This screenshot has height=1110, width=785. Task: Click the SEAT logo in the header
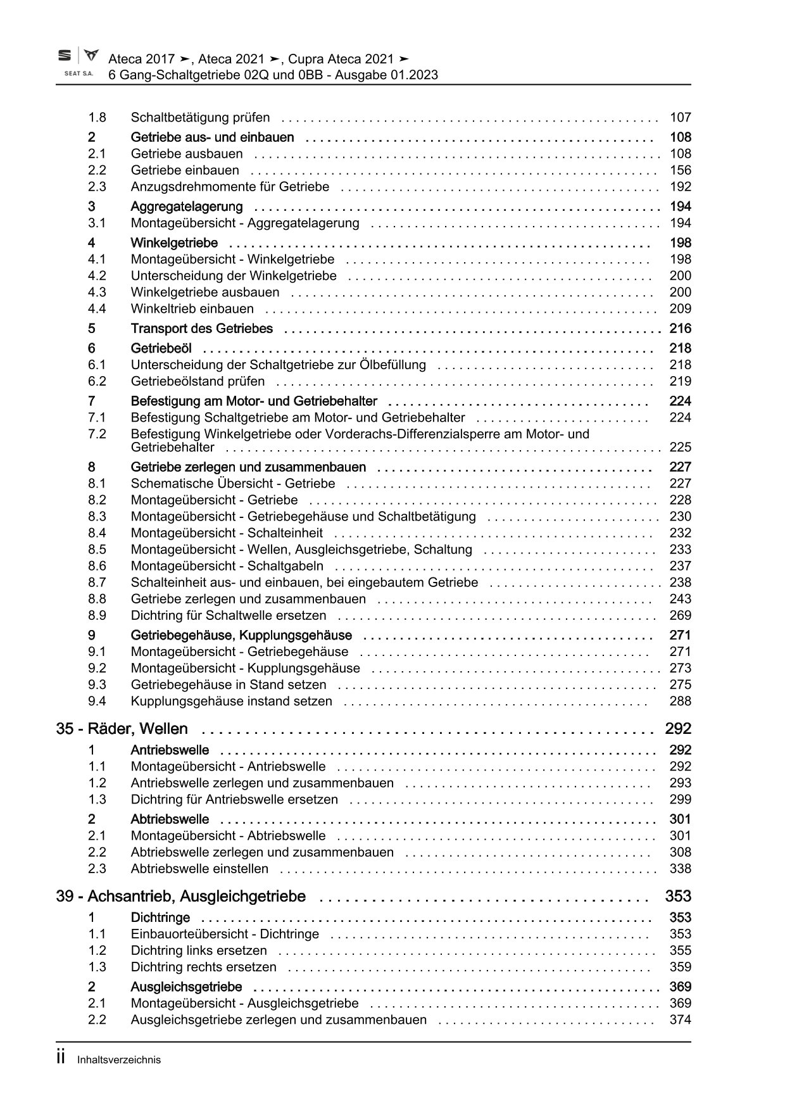78,62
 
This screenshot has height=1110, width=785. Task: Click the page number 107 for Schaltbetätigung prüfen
681,117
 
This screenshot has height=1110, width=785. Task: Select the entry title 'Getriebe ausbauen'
187,154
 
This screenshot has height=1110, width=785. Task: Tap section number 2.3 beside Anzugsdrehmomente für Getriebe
97,187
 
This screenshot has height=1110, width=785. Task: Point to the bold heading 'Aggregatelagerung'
187,206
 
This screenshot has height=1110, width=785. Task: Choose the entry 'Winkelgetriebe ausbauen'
205,292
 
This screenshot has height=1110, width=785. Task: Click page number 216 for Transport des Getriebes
681,328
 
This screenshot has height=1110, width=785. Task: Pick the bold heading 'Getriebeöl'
161,348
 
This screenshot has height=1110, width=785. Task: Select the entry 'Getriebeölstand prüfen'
198,381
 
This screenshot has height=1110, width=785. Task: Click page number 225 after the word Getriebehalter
681,447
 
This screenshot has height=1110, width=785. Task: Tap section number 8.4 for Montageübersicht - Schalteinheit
97,533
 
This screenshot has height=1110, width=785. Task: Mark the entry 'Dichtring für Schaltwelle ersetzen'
229,615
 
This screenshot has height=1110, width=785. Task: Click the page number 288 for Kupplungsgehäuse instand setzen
681,701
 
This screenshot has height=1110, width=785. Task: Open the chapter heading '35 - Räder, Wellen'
122,729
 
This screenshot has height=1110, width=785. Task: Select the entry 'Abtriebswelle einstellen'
199,869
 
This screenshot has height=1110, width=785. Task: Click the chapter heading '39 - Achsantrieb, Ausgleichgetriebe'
180,897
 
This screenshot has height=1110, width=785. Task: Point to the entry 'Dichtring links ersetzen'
199,950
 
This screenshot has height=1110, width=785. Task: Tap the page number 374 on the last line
681,1019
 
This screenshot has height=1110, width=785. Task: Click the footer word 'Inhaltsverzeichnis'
119,1060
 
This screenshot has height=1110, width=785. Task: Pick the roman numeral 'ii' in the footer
61,1058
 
